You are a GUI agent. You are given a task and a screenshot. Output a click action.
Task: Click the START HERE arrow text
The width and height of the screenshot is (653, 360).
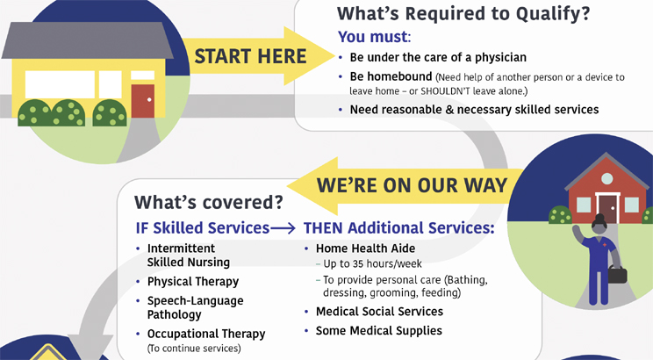point(250,57)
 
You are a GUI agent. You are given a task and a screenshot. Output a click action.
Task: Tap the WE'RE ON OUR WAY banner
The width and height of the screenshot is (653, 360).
point(411,185)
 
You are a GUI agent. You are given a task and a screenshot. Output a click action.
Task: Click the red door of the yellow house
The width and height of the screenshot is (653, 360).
point(142,100)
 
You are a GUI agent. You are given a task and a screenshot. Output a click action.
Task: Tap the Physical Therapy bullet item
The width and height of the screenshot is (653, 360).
point(192,282)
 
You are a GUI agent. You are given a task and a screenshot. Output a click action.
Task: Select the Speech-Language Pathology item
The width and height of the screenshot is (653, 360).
point(195,307)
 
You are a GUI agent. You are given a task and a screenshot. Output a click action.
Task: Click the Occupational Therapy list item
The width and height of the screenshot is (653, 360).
point(205,334)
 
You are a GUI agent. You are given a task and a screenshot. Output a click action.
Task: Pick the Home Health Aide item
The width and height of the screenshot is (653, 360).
point(365,248)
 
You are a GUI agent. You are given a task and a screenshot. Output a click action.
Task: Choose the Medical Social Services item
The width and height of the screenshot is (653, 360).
point(379,312)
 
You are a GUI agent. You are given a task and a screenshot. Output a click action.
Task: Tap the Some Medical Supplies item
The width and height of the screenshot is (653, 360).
point(378,331)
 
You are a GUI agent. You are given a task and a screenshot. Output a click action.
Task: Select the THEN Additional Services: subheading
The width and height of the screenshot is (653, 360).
point(398,227)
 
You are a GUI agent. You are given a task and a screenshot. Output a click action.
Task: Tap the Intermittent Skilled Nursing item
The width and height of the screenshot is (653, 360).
point(188,256)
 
